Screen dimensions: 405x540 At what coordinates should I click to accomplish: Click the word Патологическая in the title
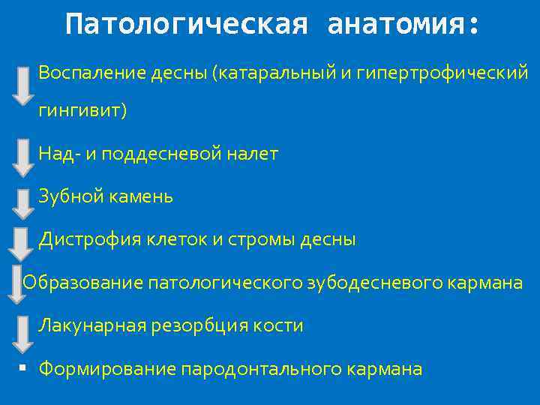186,25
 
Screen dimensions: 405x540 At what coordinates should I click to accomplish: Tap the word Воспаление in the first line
85,73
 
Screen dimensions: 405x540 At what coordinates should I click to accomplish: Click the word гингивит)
83,111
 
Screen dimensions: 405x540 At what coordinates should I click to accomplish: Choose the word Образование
83,283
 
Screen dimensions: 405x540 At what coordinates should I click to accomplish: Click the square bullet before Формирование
24,368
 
